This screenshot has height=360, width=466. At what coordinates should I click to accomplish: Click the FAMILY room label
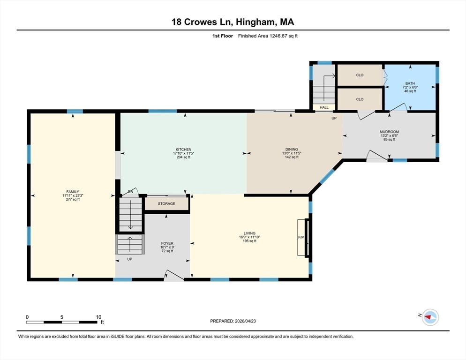pyautogui.click(x=73, y=191)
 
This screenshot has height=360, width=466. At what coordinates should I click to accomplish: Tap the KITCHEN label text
pyautogui.click(x=183, y=150)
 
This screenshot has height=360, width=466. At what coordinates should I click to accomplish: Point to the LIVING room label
pyautogui.click(x=249, y=233)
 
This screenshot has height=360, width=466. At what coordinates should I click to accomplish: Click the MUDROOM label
pyautogui.click(x=389, y=132)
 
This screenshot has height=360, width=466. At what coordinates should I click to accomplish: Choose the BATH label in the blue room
pyautogui.click(x=410, y=83)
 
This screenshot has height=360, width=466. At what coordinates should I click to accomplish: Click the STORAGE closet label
pyautogui.click(x=166, y=203)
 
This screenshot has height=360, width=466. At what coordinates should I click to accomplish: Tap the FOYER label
pyautogui.click(x=167, y=243)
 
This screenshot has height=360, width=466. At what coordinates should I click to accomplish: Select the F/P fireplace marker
pyautogui.click(x=301, y=238)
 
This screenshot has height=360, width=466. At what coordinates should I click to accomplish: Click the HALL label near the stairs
pyautogui.click(x=324, y=107)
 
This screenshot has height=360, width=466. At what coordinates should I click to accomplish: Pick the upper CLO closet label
pyautogui.click(x=360, y=75)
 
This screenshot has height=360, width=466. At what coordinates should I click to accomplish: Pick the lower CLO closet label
pyautogui.click(x=360, y=99)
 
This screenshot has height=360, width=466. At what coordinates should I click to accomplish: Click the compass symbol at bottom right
pyautogui.click(x=429, y=317)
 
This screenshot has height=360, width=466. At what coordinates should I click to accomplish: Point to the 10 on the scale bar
pyautogui.click(x=98, y=317)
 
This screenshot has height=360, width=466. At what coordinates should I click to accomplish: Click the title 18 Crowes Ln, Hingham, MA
pyautogui.click(x=233, y=22)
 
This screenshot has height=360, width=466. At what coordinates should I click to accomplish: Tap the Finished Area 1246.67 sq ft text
pyautogui.click(x=268, y=36)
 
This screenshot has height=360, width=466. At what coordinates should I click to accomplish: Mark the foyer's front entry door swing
pyautogui.click(x=173, y=276)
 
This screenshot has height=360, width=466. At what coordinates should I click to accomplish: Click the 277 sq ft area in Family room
pyautogui.click(x=73, y=199)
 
